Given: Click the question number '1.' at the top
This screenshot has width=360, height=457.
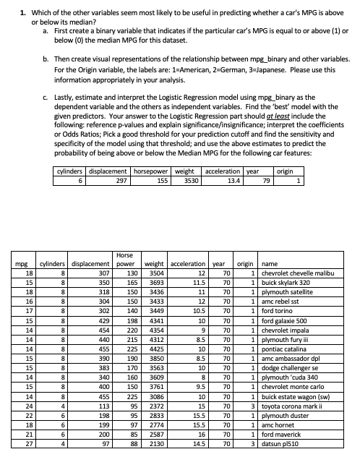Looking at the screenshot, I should [x=24, y=13].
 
